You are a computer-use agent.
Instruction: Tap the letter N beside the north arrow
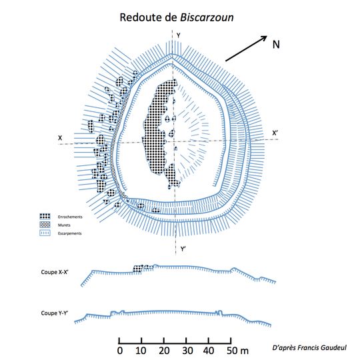(x=276, y=45)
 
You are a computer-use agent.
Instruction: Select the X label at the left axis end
(x=60, y=138)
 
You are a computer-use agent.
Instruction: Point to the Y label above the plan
(x=177, y=44)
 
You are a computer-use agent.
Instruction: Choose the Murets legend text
(x=65, y=225)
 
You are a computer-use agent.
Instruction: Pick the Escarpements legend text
(x=70, y=233)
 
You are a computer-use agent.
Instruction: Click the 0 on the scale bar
(x=119, y=351)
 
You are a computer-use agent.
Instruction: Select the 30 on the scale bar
(x=187, y=351)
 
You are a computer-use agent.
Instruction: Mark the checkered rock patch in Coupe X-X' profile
(x=141, y=268)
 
